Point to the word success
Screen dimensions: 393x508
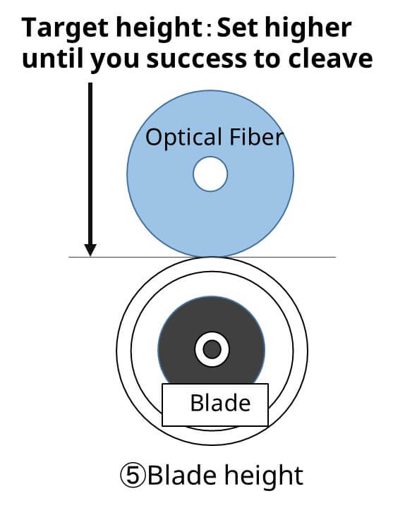pyautogui.click(x=196, y=59)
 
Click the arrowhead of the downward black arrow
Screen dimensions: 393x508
pyautogui.click(x=90, y=250)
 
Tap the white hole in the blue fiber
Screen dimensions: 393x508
pyautogui.click(x=210, y=174)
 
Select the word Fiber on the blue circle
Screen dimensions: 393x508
pyautogui.click(x=257, y=136)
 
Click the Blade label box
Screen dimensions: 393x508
pyautogui.click(x=215, y=405)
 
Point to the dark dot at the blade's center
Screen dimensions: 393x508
pyautogui.click(x=212, y=349)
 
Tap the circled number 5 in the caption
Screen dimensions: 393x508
pyautogui.click(x=133, y=476)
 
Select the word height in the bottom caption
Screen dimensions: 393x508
pyautogui.click(x=264, y=477)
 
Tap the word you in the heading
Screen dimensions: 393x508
pyautogui.click(x=115, y=61)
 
